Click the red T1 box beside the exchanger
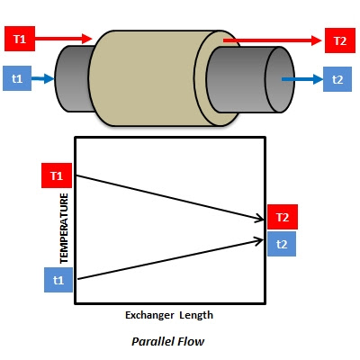click(20, 39)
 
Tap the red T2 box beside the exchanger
click(340, 40)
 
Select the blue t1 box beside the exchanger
click(17, 78)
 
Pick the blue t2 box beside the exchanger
click(337, 79)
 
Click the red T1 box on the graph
click(57, 175)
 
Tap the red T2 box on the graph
click(283, 217)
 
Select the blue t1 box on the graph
click(58, 280)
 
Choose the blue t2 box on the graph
click(282, 244)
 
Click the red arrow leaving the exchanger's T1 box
click(64, 39)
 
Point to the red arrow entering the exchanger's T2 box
click(273, 40)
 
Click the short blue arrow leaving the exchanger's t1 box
click(42, 78)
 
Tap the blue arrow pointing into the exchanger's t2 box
click(302, 79)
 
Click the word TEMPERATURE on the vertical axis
click(64, 229)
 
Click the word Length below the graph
click(196, 315)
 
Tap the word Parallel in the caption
click(153, 341)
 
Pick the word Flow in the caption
click(191, 341)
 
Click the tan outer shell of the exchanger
click(144, 78)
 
